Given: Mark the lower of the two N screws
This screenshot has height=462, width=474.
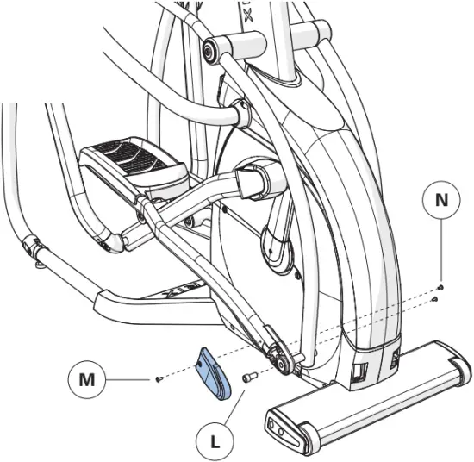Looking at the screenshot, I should pyautogui.click(x=437, y=298).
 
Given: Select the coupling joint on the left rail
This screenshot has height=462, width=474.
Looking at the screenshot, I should pyautogui.click(x=34, y=247).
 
